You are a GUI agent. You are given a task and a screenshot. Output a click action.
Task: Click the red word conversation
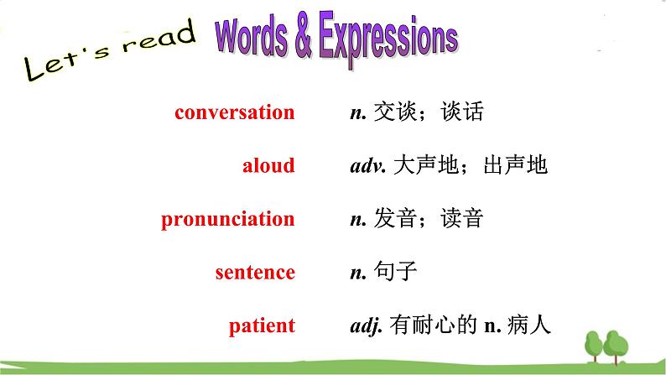(234, 112)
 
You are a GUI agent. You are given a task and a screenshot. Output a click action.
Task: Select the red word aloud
(268, 165)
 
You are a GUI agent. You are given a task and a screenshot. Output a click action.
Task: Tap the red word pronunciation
(227, 219)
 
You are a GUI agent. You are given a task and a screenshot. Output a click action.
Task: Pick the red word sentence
(254, 272)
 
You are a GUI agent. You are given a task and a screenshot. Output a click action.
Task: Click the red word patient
(262, 326)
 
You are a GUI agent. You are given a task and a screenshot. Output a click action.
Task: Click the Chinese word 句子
(394, 272)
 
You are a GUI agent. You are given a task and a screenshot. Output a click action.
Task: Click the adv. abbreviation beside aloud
(367, 166)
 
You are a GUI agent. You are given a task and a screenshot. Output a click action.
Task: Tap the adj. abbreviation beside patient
(366, 326)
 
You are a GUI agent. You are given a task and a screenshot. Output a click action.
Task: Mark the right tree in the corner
(617, 345)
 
